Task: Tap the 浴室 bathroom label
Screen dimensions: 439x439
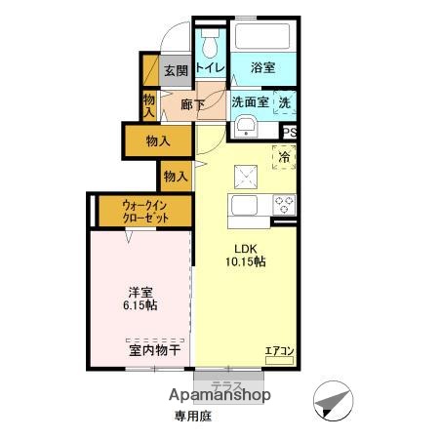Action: (x=262, y=67)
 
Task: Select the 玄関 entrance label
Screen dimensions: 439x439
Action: (x=176, y=70)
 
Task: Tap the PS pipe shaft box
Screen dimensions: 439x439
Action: (x=290, y=134)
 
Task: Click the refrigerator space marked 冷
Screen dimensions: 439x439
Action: (x=286, y=156)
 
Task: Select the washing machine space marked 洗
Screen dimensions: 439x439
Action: (x=285, y=101)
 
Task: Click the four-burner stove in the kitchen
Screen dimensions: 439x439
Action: (x=285, y=204)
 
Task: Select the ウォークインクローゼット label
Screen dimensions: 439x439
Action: (x=145, y=212)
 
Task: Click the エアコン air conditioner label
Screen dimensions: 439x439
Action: (x=279, y=350)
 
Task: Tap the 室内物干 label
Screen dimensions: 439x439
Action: (x=153, y=349)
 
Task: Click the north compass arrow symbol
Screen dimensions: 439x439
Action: (x=332, y=401)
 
